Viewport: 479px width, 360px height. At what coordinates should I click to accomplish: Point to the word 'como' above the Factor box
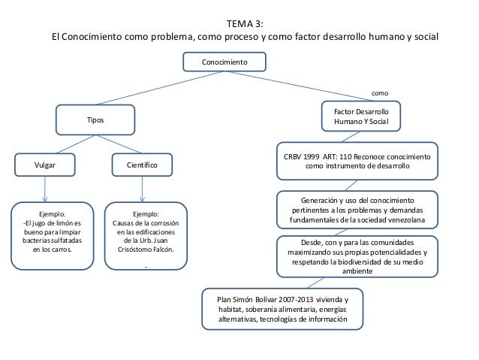(x=380, y=93)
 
